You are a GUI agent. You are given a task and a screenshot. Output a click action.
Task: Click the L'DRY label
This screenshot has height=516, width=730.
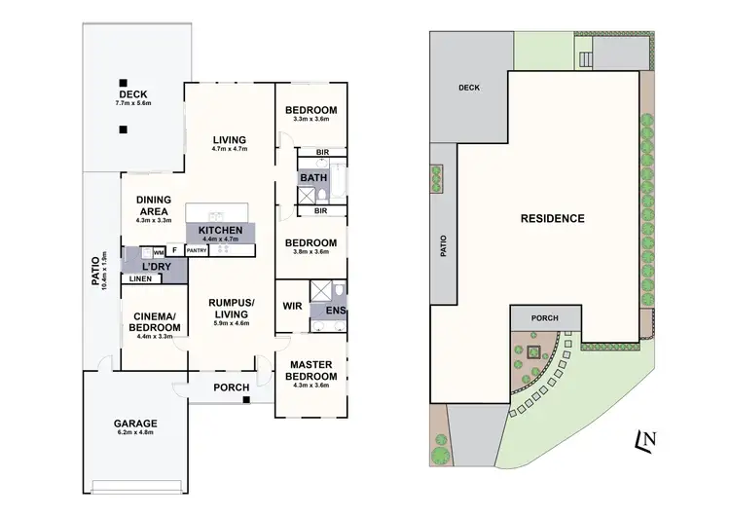tap(151, 266)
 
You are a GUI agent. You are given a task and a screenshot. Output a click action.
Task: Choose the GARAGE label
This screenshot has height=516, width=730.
tap(134, 424)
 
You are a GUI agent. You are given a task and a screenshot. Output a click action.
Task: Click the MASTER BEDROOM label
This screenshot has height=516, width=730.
tap(311, 370)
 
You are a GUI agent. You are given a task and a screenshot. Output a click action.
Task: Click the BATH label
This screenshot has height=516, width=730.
tap(312, 178)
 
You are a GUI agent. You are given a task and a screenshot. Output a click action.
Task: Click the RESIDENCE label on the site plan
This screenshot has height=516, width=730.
tap(552, 219)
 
